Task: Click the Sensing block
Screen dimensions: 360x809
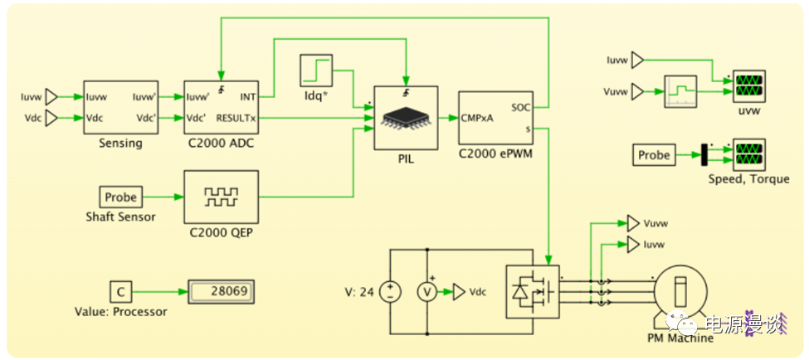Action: pyautogui.click(x=120, y=107)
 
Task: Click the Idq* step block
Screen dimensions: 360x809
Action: pyautogui.click(x=315, y=71)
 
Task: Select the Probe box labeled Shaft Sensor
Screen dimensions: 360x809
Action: pyautogui.click(x=120, y=197)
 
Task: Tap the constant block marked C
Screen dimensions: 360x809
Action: pyautogui.click(x=120, y=292)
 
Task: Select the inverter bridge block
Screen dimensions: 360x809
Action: pyautogui.click(x=532, y=292)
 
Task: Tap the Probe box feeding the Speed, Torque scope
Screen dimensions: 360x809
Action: pyautogui.click(x=654, y=154)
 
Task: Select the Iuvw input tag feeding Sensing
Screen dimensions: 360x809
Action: pyautogui.click(x=51, y=96)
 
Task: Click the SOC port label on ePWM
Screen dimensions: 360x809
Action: pyautogui.click(x=521, y=107)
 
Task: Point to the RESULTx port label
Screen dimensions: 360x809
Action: pyautogui.click(x=236, y=119)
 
